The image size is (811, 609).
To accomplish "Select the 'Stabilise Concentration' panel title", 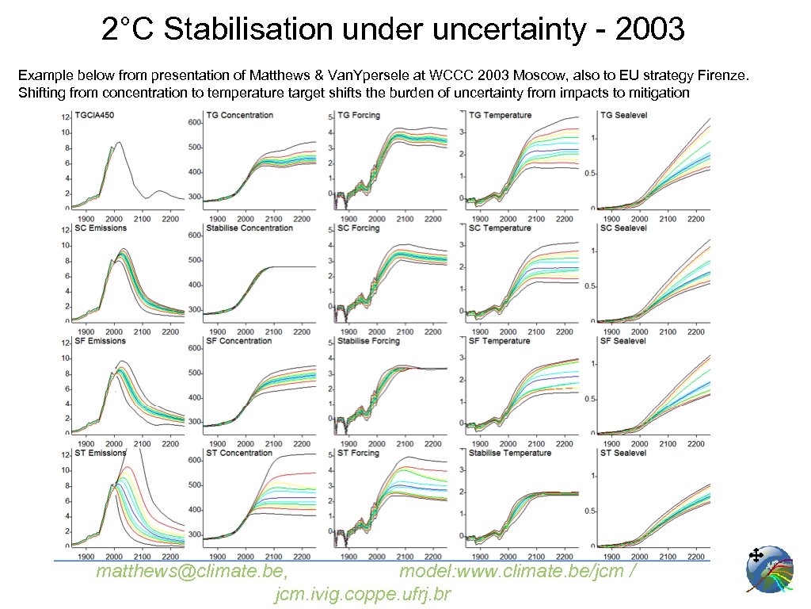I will coord(249,228).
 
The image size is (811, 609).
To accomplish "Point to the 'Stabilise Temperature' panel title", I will coord(509,453).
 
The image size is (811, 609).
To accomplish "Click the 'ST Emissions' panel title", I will coord(100,453).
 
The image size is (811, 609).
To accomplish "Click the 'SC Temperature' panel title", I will coord(500,228).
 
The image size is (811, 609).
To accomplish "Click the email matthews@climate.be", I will coord(191,573).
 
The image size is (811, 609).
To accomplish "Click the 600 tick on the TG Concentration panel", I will coord(194,122).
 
